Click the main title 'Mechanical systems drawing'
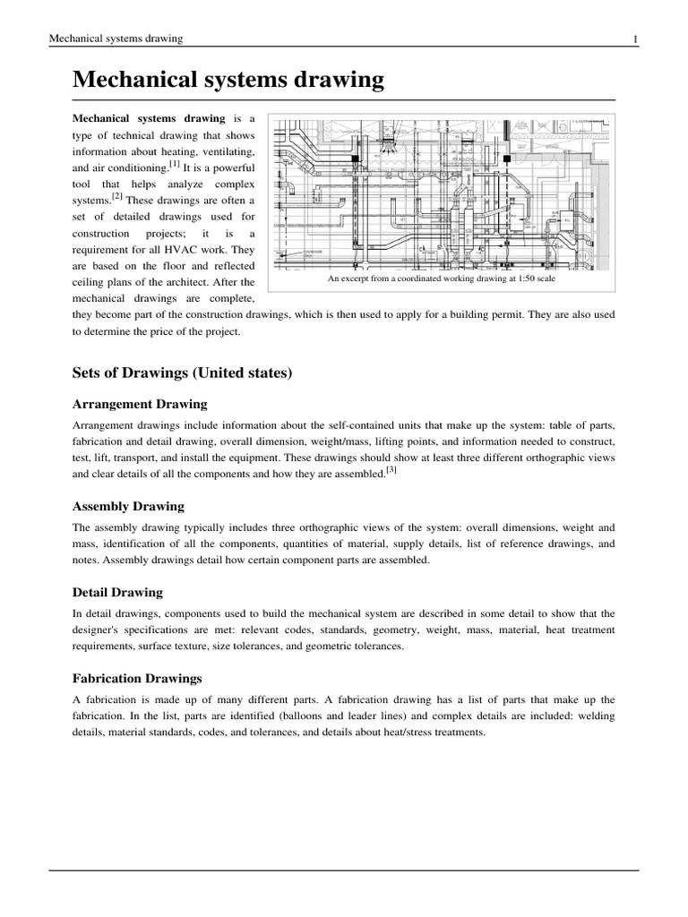point(228,81)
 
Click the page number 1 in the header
point(635,39)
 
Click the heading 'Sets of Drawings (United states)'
point(183,372)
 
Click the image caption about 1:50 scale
point(443,279)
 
